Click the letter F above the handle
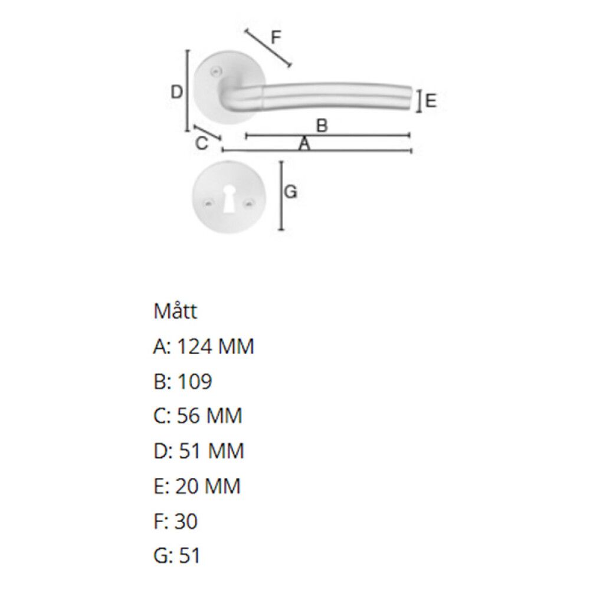pyautogui.click(x=276, y=38)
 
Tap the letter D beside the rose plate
pyautogui.click(x=176, y=92)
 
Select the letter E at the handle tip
pyautogui.click(x=431, y=101)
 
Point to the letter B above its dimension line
pyautogui.click(x=322, y=125)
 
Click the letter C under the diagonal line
pyautogui.click(x=202, y=143)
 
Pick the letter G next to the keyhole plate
pyautogui.click(x=290, y=192)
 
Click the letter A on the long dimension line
pyautogui.click(x=304, y=144)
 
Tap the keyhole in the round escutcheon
pyautogui.click(x=228, y=199)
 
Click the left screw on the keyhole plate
pyautogui.click(x=208, y=204)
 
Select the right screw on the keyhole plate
pyautogui.click(x=248, y=204)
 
